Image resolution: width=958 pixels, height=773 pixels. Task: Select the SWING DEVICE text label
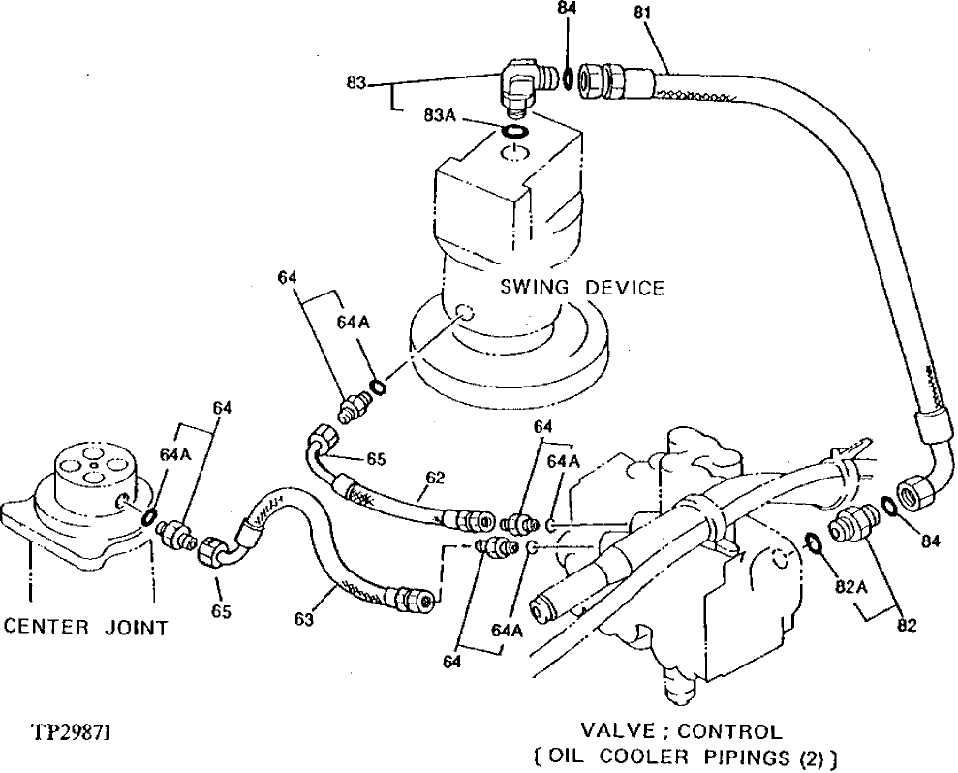point(582,288)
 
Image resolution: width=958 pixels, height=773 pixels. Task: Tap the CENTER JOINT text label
point(86,628)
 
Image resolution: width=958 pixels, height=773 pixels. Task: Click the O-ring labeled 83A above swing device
point(516,132)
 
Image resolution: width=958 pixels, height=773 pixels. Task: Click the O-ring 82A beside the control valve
point(814,541)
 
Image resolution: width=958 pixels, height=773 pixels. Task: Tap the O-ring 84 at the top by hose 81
point(565,77)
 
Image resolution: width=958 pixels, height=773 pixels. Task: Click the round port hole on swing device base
point(462,313)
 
